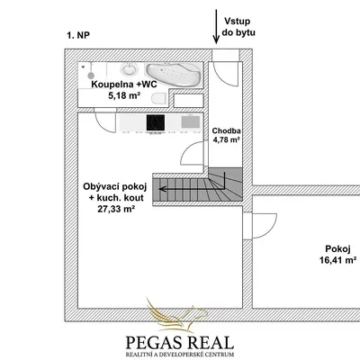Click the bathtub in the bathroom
click(173, 74)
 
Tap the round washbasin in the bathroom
click(130, 69)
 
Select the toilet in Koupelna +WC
click(158, 99)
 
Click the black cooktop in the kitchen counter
click(156, 122)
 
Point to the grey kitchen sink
click(191, 121)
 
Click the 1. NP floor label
click(78, 35)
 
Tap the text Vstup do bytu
click(238, 27)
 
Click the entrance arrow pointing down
click(216, 26)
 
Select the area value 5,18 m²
click(125, 95)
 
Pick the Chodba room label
click(226, 130)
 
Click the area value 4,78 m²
click(226, 139)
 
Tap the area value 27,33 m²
click(115, 209)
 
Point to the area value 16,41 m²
click(337, 260)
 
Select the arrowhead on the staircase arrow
click(162, 189)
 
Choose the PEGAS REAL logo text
click(180, 342)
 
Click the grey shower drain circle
click(91, 75)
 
